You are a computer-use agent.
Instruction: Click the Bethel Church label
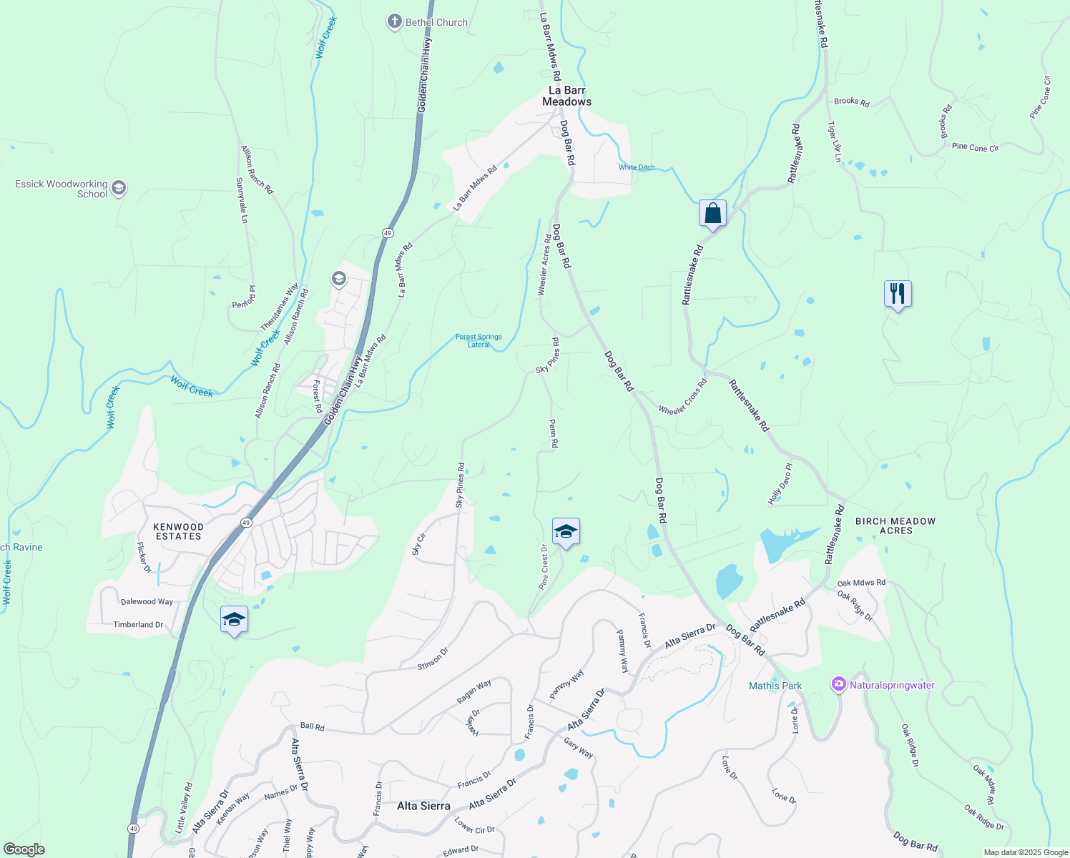click(436, 22)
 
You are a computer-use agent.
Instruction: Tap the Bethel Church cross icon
click(394, 22)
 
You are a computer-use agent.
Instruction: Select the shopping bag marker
click(712, 213)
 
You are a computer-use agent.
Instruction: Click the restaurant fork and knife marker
click(897, 293)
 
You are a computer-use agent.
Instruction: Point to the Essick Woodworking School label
click(62, 189)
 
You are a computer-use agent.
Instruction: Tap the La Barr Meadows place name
click(566, 96)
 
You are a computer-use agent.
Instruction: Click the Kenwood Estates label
click(179, 531)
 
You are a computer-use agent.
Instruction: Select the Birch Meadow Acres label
click(895, 526)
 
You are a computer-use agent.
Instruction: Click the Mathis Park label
click(775, 686)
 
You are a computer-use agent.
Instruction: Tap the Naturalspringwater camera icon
click(838, 684)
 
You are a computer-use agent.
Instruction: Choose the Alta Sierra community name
click(423, 806)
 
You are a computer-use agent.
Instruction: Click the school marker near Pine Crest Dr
click(566, 531)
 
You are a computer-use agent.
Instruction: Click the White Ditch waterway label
click(637, 167)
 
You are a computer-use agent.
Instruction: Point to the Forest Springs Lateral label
click(478, 340)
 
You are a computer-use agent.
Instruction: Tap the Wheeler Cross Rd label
click(682, 397)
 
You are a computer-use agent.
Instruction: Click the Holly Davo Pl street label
click(780, 484)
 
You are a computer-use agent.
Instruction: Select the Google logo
click(24, 849)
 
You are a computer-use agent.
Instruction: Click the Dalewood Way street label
click(147, 601)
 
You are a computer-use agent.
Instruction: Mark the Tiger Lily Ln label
click(835, 142)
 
